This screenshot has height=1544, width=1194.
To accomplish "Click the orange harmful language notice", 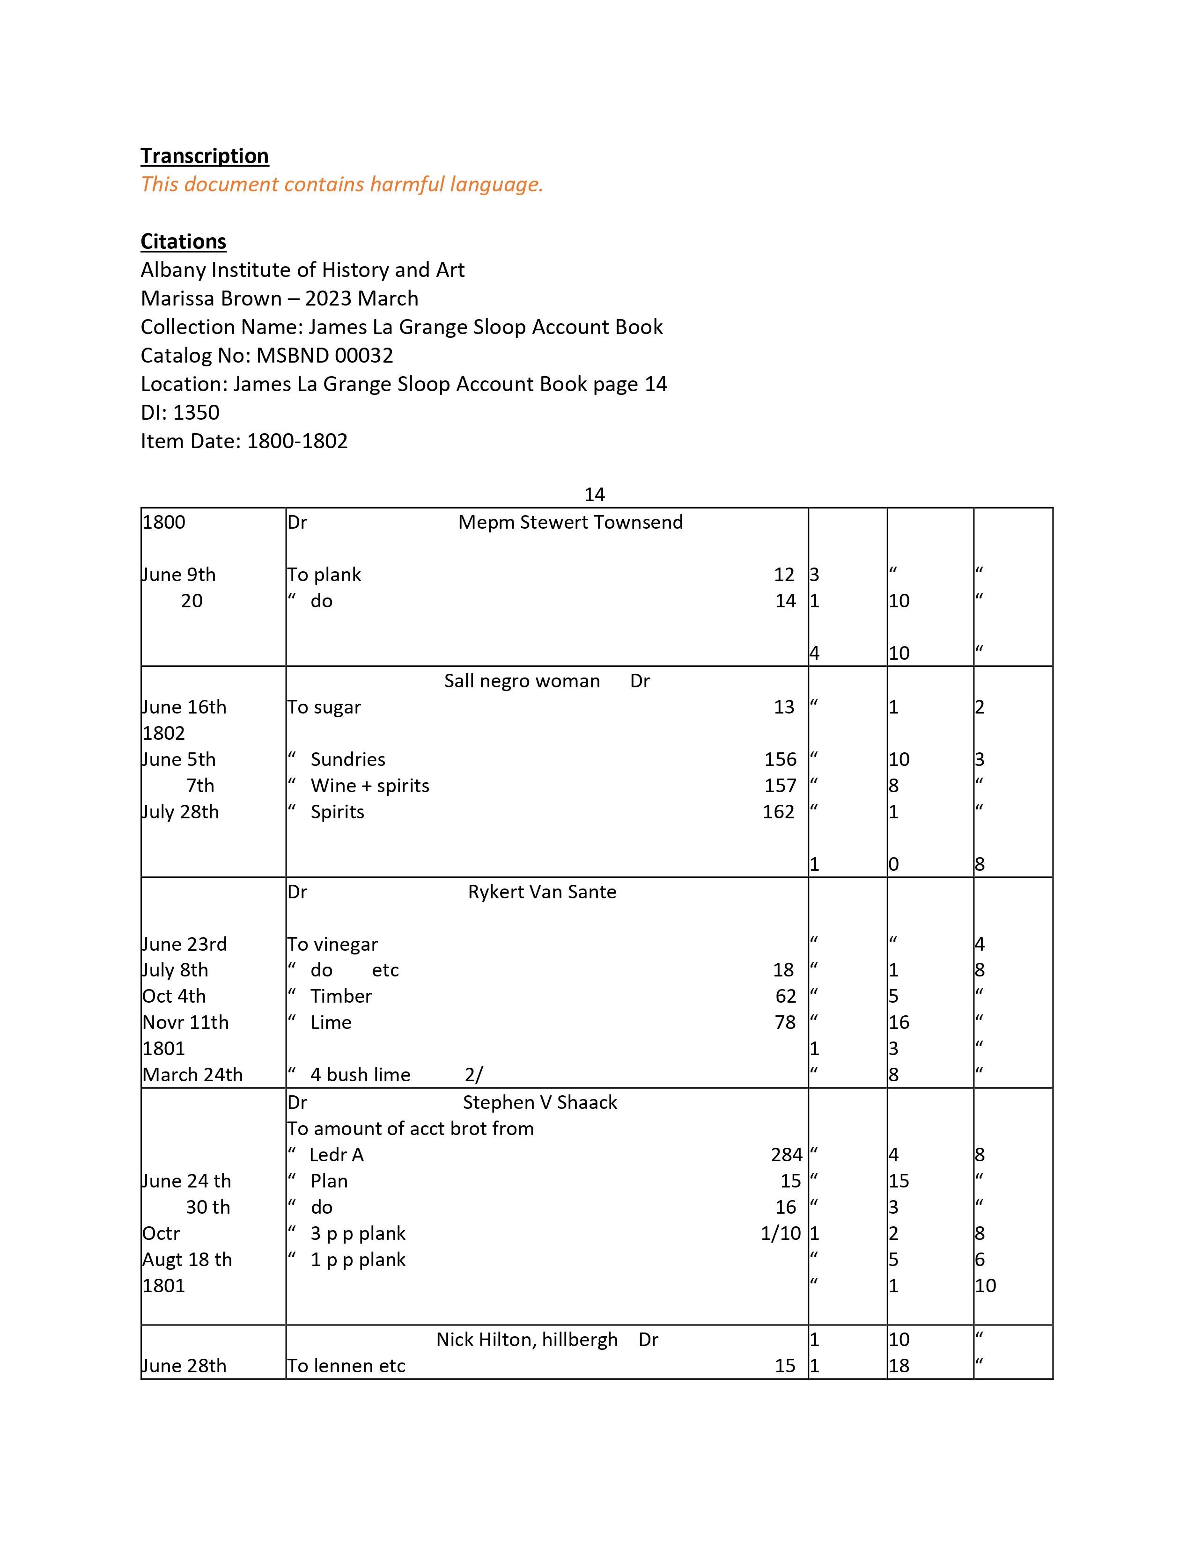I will (x=342, y=184).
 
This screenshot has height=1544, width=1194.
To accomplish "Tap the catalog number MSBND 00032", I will (x=324, y=355).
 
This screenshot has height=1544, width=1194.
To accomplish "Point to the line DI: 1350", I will (x=180, y=412).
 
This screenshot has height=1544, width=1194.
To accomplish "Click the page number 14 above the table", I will (x=594, y=494).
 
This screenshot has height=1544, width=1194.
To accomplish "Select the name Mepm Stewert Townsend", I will (x=570, y=523).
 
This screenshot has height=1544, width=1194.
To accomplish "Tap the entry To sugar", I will (x=324, y=707).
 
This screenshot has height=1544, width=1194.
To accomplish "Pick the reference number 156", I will (x=780, y=759).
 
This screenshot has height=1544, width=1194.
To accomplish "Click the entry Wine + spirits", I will (x=369, y=786).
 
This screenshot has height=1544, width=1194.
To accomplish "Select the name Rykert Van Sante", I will (x=542, y=892).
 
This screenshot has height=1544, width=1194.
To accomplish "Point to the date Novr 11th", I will (x=185, y=1022).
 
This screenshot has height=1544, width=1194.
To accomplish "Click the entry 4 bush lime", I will (x=360, y=1075).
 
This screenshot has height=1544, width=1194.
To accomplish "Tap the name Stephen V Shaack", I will (x=540, y=1102).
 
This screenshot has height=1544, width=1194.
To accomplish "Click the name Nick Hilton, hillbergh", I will (x=526, y=1340).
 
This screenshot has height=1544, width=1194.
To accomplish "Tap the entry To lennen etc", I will (x=346, y=1366).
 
